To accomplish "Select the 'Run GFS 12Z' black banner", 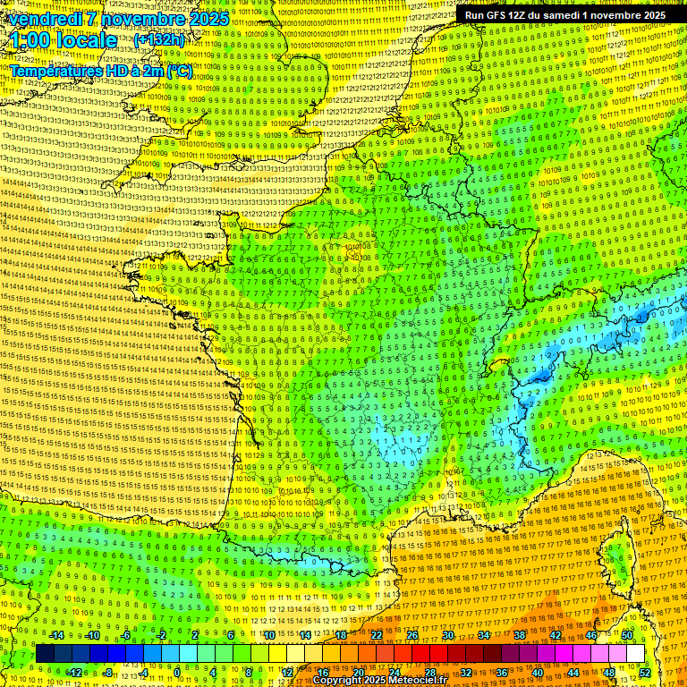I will [564, 15].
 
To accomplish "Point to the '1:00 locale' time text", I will [64, 40].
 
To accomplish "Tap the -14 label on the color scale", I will [58, 635].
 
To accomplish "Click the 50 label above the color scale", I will [626, 635].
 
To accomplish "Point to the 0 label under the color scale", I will [177, 672].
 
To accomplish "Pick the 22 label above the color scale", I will [377, 635].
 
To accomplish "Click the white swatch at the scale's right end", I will [635, 654].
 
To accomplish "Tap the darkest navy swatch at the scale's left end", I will [46, 654].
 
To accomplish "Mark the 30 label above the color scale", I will [448, 635].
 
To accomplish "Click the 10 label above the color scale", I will [268, 635].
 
